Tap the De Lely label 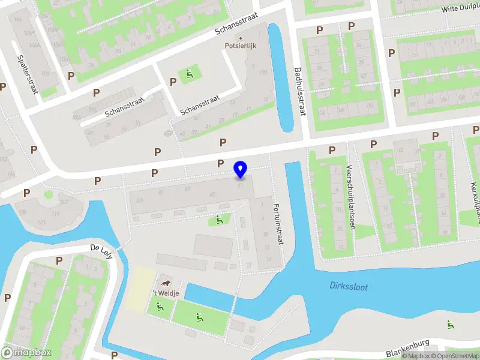pos(101,248)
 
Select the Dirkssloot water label pos(347,286)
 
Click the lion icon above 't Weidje pos(164,282)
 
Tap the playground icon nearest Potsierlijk pos(190,74)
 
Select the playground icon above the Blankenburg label pos(449,325)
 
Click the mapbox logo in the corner pos(27,353)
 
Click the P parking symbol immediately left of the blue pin pos(220,164)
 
